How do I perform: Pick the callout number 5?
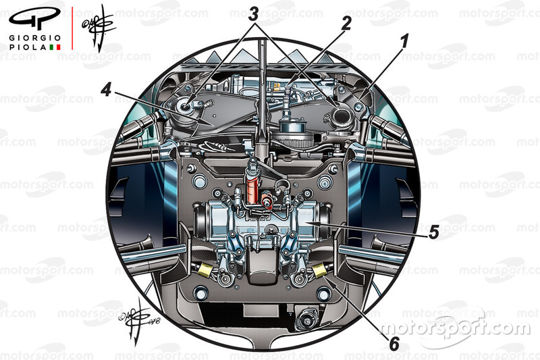tap(433, 232)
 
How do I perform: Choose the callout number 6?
tap(394, 343)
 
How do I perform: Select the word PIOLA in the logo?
tap(28, 48)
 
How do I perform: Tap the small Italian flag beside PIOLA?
tap(55, 48)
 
